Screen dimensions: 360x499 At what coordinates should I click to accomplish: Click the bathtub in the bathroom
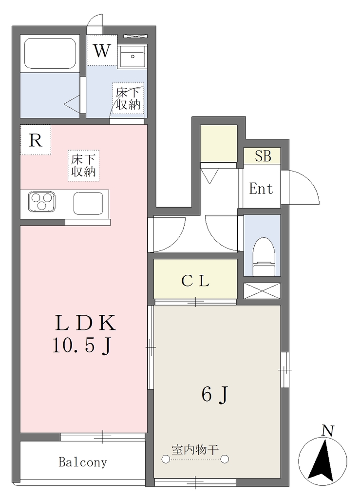50,53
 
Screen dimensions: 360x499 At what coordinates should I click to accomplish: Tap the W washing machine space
102,50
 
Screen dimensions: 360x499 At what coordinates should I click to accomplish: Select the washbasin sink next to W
133,57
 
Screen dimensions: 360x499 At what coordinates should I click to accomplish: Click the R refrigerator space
36,140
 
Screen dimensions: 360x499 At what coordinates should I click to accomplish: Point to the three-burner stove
41,201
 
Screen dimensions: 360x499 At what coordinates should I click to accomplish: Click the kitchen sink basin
88,203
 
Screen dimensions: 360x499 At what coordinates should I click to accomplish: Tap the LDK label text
85,323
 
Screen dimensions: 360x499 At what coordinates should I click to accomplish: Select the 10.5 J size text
82,345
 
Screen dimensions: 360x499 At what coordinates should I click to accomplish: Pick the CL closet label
195,281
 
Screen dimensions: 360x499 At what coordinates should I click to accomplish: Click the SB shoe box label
263,156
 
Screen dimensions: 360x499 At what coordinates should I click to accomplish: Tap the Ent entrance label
261,189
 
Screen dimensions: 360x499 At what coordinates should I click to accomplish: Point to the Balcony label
83,462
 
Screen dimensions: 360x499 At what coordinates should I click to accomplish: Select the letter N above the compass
327,431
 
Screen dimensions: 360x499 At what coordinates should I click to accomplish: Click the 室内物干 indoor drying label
195,450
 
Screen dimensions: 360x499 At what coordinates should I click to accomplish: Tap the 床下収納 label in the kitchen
83,166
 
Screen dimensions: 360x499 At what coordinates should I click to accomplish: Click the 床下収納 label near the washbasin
128,98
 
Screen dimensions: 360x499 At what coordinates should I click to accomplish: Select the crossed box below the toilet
262,290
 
